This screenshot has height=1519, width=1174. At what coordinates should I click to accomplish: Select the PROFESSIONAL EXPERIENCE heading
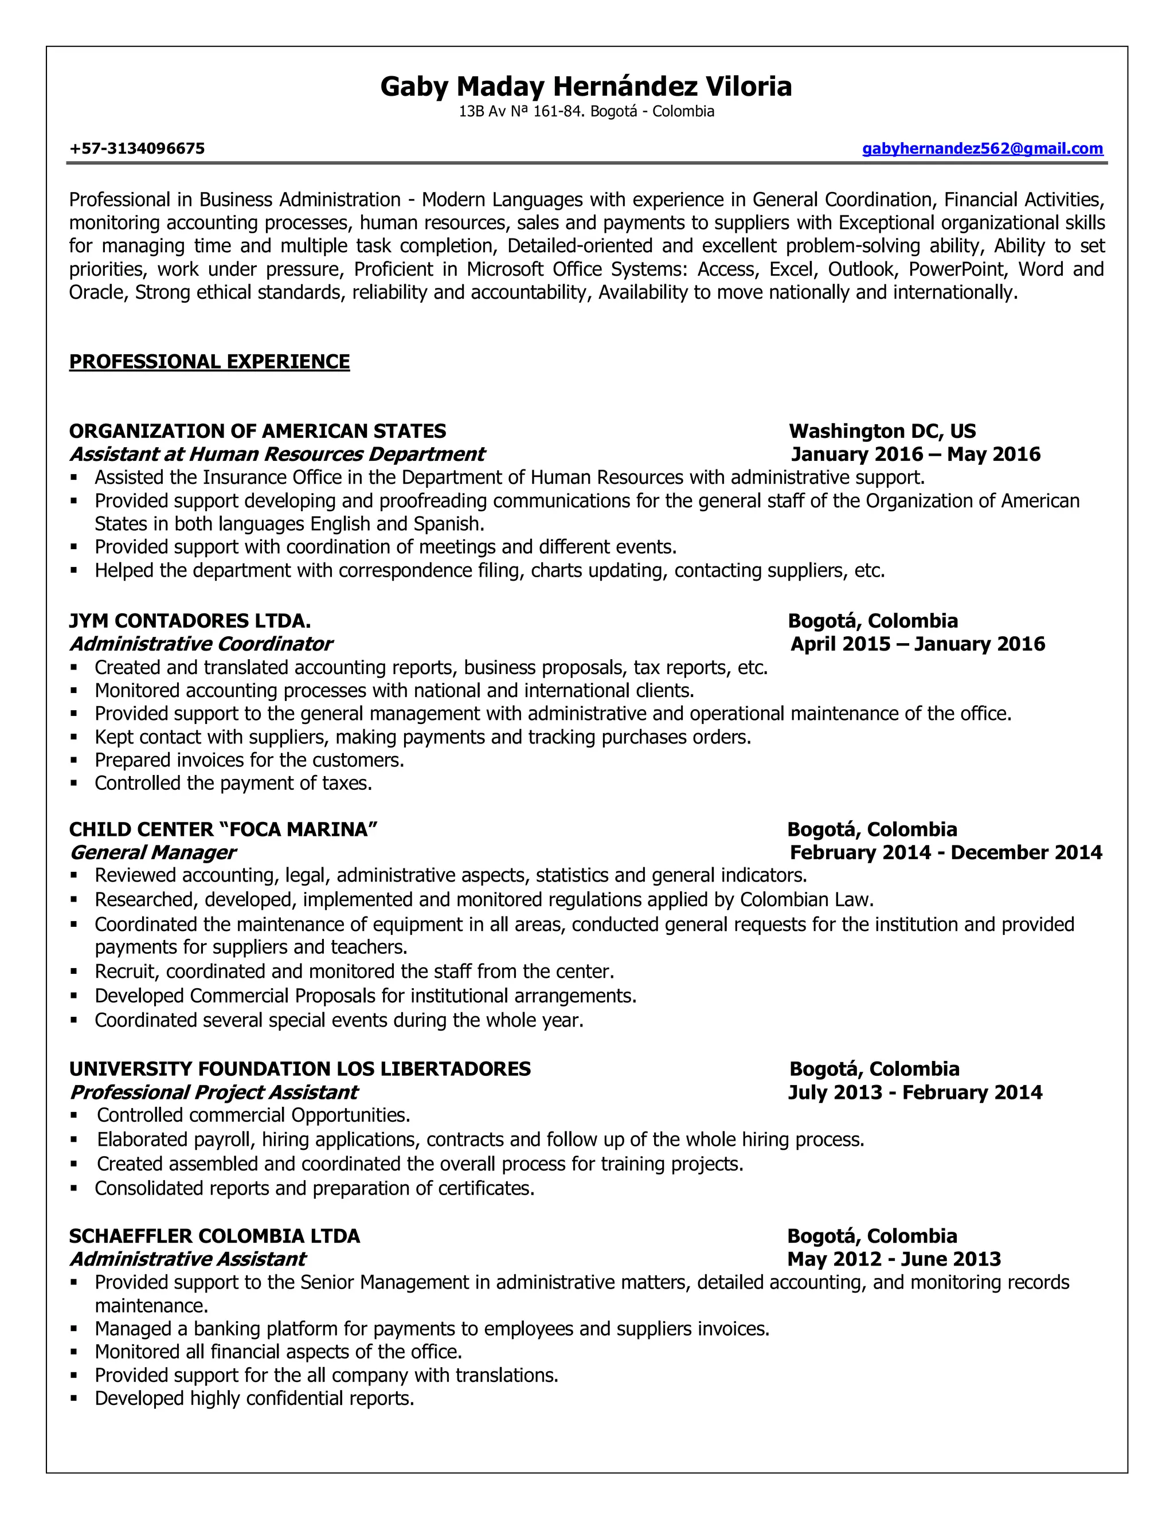tap(209, 362)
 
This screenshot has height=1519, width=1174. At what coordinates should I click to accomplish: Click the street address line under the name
tap(586, 111)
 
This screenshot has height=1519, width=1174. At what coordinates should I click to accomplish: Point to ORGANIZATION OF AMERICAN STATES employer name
tap(257, 431)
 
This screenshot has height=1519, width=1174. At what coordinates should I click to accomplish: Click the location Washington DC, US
tap(882, 431)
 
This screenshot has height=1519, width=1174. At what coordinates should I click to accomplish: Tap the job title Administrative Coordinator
tap(201, 644)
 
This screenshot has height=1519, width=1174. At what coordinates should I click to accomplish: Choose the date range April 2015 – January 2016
tap(917, 644)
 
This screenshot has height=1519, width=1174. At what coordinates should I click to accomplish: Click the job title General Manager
tap(153, 853)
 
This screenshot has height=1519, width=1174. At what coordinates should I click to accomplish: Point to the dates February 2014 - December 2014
tap(945, 853)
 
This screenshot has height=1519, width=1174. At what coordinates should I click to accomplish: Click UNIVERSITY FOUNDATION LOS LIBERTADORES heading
tap(300, 1069)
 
